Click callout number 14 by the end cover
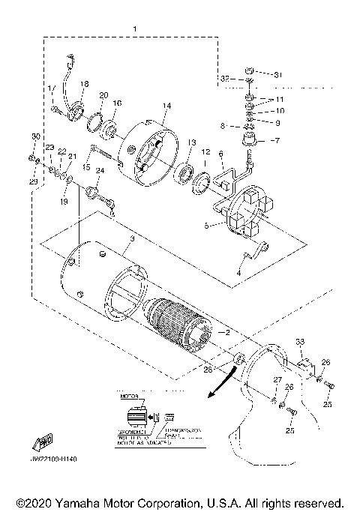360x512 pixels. point(166,106)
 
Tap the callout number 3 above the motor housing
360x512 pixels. point(132,238)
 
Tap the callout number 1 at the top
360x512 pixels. point(134,28)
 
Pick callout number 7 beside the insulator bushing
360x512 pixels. point(275,140)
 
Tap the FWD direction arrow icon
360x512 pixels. point(45,442)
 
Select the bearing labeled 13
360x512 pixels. point(182,178)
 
